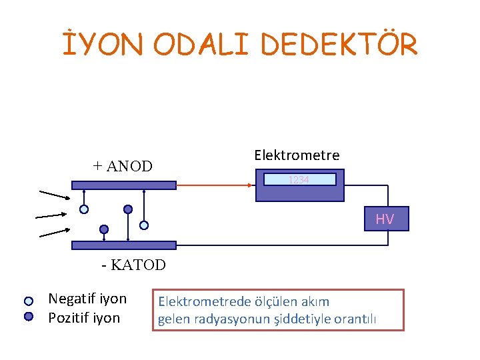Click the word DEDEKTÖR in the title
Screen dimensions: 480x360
[339, 45]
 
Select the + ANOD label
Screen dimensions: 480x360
[123, 166]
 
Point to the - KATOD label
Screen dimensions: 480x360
[133, 265]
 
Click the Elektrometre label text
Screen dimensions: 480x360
[297, 155]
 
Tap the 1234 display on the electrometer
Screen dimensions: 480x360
[299, 179]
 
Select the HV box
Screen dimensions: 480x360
[386, 219]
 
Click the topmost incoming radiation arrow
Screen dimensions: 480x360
[54, 195]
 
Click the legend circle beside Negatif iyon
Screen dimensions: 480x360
[29, 301]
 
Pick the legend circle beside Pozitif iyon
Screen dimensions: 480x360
[29, 317]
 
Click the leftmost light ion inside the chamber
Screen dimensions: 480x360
[84, 209]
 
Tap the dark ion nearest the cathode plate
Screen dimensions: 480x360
[104, 229]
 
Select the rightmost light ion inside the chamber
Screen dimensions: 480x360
[143, 225]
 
